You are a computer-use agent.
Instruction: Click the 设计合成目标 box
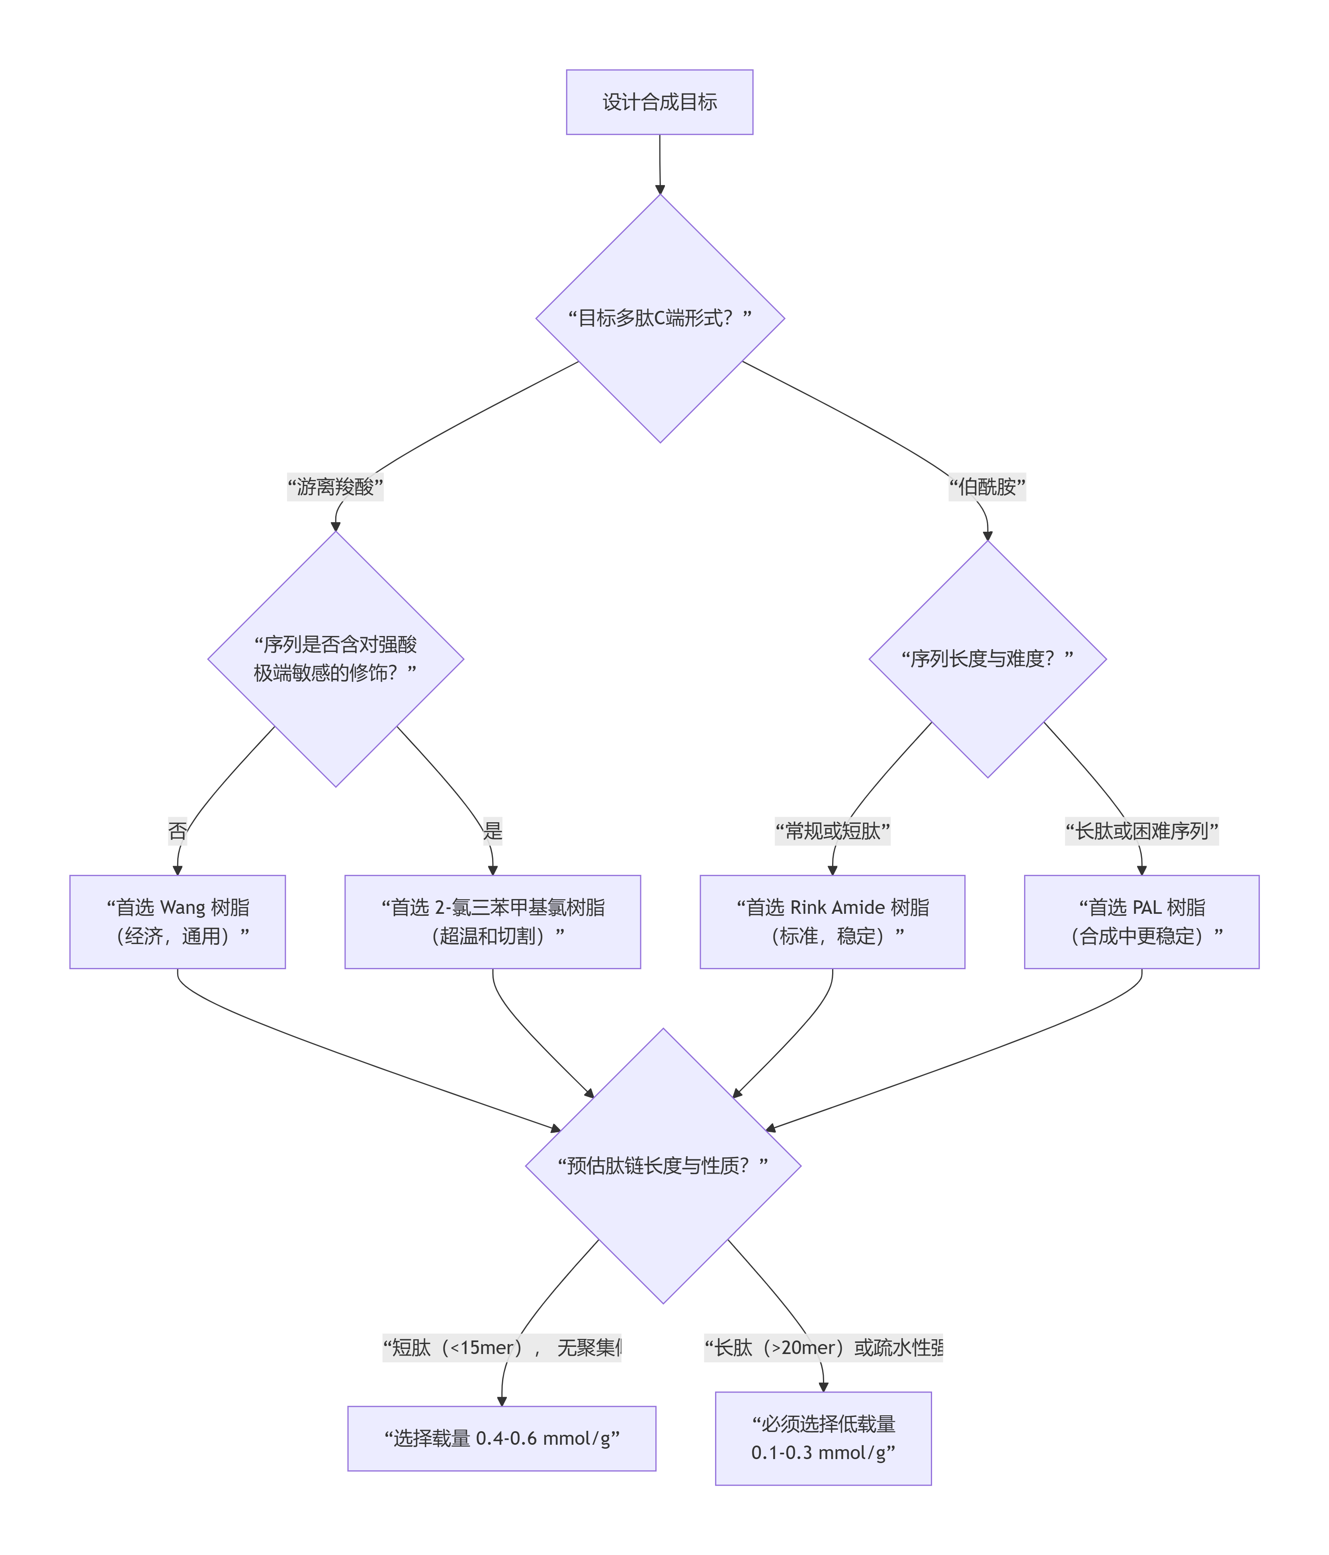[x=659, y=102]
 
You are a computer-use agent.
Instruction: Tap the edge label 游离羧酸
[x=335, y=487]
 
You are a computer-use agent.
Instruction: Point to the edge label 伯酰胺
[x=987, y=487]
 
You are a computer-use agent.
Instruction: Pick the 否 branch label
[x=177, y=831]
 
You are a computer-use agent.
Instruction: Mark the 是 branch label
[x=493, y=831]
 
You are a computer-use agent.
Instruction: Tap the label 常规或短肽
[x=832, y=831]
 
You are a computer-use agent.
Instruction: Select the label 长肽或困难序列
[x=1141, y=831]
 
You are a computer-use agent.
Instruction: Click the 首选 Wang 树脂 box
[x=177, y=922]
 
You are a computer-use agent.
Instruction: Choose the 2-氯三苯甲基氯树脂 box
[x=493, y=922]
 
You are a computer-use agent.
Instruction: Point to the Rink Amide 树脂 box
[x=832, y=922]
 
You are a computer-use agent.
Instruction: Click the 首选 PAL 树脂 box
[x=1141, y=922]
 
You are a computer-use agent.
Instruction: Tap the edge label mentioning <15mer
[x=502, y=1347]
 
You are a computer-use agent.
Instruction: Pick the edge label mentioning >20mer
[x=823, y=1347]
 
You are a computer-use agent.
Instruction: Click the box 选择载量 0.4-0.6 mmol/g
[x=502, y=1438]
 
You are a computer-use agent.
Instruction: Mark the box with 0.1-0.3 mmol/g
[x=823, y=1438]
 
